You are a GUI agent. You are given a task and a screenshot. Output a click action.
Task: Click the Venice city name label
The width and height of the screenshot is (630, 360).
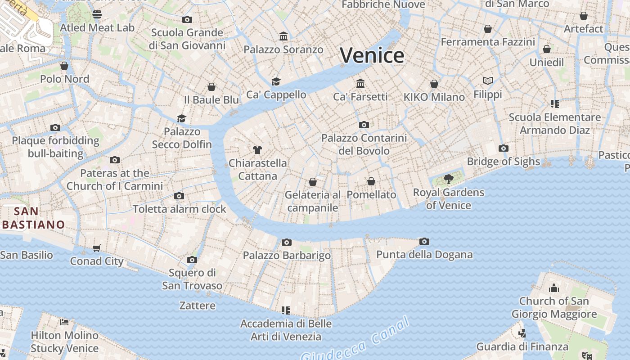click(372, 55)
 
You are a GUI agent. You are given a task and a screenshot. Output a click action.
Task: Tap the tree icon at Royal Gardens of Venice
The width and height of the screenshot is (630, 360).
click(448, 179)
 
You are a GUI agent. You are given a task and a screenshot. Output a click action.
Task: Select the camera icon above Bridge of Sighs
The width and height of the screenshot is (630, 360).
click(504, 148)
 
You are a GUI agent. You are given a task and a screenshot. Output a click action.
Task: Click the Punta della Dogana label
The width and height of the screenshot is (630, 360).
click(424, 255)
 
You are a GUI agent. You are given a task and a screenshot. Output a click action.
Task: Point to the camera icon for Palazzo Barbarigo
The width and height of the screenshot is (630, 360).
click(287, 242)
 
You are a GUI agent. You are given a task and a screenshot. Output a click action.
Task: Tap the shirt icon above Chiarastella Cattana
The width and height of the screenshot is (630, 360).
click(257, 149)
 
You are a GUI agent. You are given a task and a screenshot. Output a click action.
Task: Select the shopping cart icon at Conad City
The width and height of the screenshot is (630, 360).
click(97, 248)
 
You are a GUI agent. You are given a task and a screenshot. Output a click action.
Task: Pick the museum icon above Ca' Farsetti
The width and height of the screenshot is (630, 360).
click(360, 83)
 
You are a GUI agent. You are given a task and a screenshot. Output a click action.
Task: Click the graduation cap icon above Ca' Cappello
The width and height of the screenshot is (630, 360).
click(276, 81)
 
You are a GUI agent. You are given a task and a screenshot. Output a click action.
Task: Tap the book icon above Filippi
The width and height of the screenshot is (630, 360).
click(488, 81)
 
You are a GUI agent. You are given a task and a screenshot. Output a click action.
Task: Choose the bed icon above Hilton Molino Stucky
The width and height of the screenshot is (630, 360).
click(64, 322)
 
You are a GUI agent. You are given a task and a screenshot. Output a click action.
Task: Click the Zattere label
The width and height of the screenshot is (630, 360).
click(197, 306)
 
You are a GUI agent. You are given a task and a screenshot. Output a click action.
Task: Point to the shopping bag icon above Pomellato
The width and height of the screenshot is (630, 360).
click(371, 181)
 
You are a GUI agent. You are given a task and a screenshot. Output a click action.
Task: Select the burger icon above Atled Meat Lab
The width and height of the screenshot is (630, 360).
click(97, 14)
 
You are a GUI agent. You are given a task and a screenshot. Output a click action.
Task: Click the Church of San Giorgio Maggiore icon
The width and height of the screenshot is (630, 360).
click(554, 288)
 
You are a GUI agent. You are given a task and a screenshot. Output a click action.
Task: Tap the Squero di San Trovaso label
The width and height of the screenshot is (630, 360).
click(192, 279)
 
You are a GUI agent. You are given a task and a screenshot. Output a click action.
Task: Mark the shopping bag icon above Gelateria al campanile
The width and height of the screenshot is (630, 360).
click(313, 182)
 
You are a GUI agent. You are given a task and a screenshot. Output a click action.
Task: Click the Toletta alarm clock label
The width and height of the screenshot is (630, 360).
click(179, 209)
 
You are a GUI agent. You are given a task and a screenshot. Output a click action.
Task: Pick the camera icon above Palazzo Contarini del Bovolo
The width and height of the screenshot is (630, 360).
click(364, 125)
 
